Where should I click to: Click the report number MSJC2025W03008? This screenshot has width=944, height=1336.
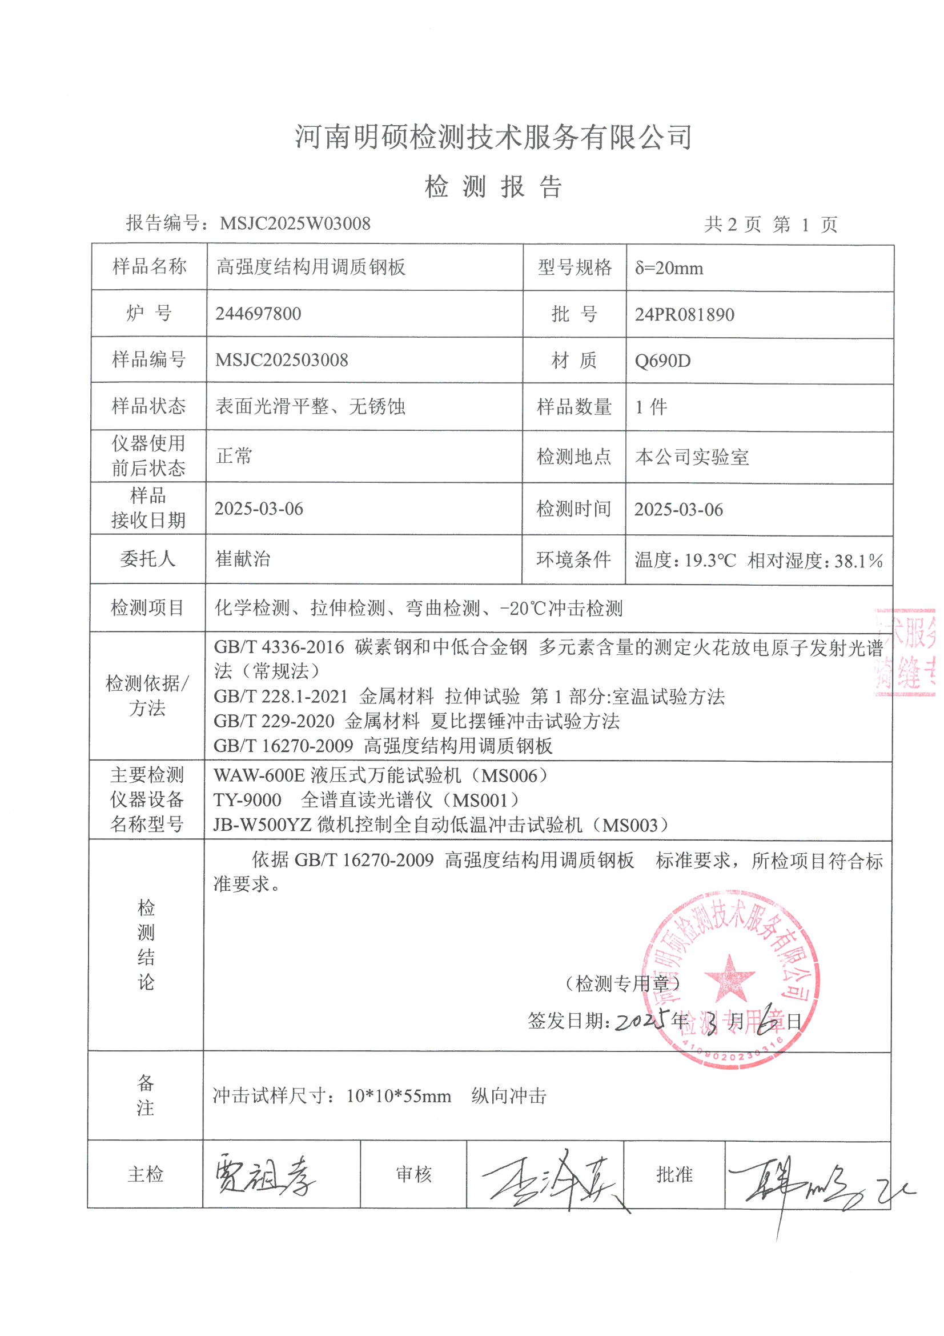point(295,223)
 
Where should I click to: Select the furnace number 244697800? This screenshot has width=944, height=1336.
point(258,314)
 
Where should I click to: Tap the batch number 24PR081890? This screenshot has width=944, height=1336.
point(685,315)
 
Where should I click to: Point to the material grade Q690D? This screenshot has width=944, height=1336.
point(662,361)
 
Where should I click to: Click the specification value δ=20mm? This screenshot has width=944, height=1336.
point(669,268)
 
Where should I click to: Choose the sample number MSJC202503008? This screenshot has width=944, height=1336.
point(282,360)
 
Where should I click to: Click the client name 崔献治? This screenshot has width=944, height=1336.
point(243,559)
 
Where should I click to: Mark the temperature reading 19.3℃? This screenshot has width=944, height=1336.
point(710,561)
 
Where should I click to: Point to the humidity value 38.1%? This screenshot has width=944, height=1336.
point(859,561)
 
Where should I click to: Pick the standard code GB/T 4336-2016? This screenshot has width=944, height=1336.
point(279,647)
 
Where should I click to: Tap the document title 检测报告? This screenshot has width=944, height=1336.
point(493,187)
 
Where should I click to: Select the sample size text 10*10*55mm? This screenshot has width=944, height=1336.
point(399,1096)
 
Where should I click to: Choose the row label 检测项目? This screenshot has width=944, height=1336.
point(147,608)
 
